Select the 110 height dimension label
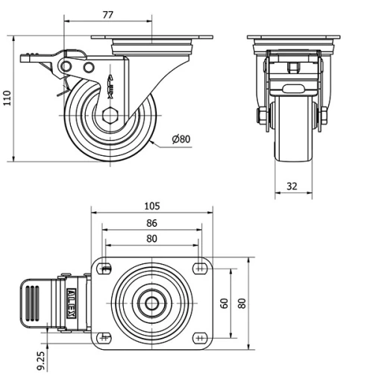7,98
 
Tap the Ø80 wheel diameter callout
181,139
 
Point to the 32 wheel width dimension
292,186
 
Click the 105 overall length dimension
151,206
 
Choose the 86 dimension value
151,222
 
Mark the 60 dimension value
224,303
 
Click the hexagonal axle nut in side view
110,116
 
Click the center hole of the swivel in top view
151,303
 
